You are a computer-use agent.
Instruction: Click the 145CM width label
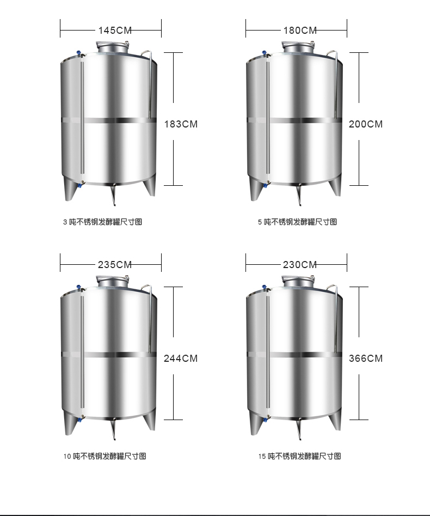point(115,31)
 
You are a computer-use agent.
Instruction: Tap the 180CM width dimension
point(300,31)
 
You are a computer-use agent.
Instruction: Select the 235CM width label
point(115,265)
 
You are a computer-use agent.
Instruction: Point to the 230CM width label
point(300,265)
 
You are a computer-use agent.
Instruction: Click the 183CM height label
point(181,124)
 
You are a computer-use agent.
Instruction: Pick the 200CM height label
point(366,124)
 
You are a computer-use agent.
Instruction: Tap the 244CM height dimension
point(181,359)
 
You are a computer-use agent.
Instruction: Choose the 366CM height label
point(366,359)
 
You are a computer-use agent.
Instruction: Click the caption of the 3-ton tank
point(102,222)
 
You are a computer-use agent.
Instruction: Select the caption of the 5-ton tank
point(298,222)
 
